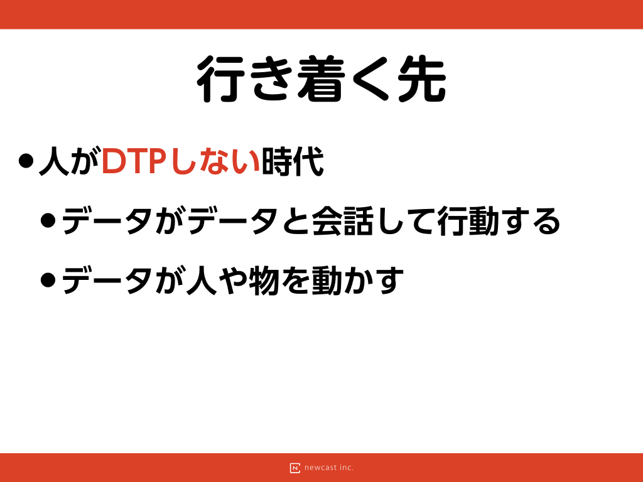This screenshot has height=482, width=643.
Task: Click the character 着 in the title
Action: point(321,78)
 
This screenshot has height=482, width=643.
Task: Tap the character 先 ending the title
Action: point(422,78)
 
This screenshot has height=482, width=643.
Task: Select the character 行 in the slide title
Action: point(220,78)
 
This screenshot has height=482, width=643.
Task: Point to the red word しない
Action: point(214,161)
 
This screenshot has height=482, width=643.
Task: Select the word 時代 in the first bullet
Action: point(293,161)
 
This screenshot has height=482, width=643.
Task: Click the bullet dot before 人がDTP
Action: point(26,161)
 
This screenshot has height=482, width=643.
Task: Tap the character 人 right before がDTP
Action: point(54,161)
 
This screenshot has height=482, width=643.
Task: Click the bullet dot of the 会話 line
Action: point(48,220)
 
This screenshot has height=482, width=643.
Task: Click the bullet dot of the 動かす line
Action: point(48,281)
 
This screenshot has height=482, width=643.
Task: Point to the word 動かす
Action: point(357,281)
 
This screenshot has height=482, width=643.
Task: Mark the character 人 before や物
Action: point(202,281)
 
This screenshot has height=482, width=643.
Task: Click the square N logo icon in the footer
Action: point(295,468)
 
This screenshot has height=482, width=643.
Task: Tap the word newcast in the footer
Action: point(321,468)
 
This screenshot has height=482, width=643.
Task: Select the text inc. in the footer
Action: point(347,467)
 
